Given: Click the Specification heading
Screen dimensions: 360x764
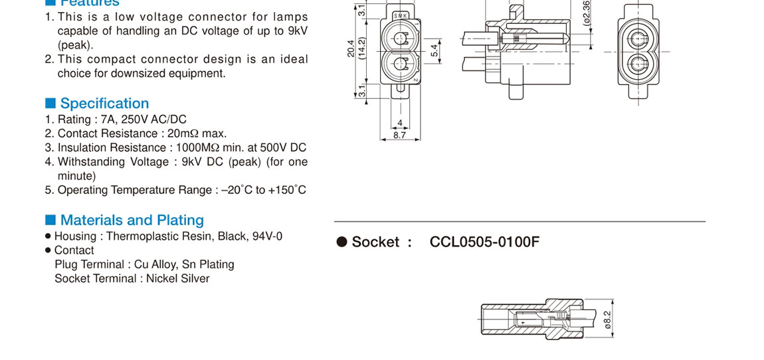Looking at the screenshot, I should (104, 104).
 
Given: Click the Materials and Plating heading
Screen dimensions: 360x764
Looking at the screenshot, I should (132, 220).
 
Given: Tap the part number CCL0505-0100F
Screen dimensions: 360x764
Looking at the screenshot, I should (484, 242).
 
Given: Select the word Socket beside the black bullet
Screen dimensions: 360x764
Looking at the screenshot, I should (376, 242).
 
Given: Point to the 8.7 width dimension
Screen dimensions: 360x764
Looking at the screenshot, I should (400, 135).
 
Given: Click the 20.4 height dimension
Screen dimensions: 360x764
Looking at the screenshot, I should (351, 48).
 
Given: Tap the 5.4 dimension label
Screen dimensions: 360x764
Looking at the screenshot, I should (434, 50).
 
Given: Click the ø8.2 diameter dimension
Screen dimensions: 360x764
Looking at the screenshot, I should (607, 320).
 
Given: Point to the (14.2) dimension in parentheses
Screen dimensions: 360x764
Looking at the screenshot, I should (362, 48).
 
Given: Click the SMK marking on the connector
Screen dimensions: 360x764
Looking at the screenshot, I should (401, 15).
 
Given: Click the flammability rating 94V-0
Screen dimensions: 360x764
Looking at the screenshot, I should (267, 236).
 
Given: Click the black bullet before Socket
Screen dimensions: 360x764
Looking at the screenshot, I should (342, 242).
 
